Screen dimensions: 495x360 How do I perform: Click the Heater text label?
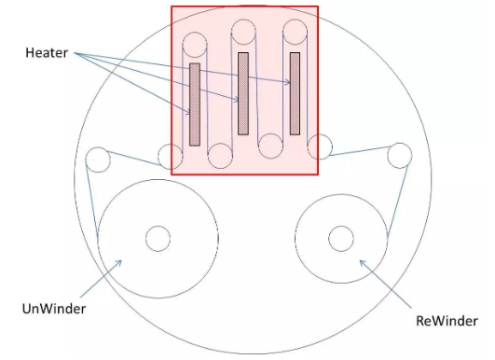coord(47,53)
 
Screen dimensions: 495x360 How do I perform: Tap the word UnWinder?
coord(54,309)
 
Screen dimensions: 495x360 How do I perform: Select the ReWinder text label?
coord(447,321)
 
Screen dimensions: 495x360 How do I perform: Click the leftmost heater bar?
coord(195,104)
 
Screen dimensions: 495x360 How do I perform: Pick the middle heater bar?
coord(243,94)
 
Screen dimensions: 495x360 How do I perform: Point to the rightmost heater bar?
coord(295,94)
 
